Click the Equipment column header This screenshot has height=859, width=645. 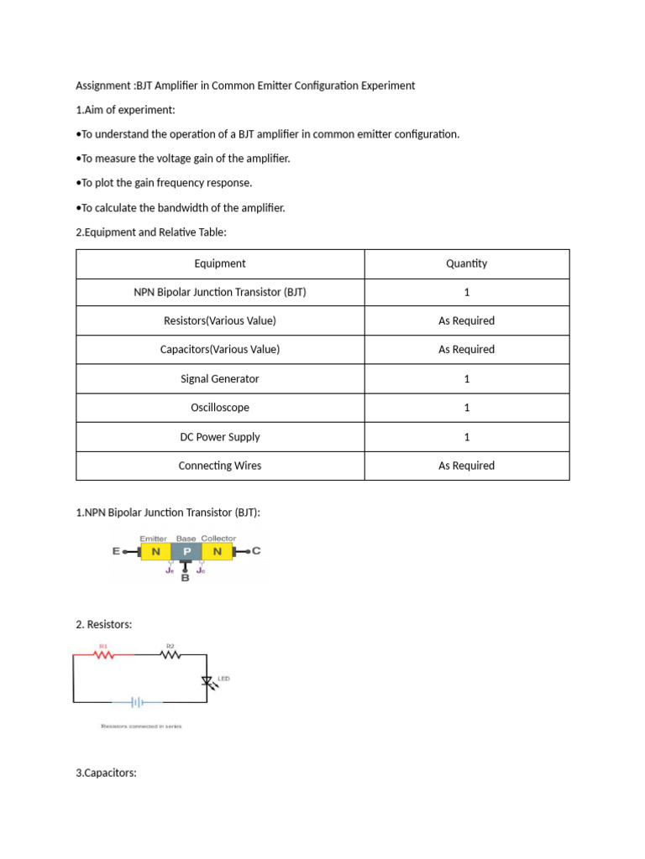(x=220, y=263)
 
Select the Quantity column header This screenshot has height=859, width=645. (x=466, y=263)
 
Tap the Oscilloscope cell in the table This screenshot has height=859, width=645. (x=220, y=408)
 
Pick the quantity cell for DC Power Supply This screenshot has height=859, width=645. (x=466, y=437)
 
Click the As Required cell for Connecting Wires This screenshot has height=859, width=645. (x=466, y=466)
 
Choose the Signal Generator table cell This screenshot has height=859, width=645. (x=220, y=379)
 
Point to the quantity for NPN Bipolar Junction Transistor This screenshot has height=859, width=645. (x=466, y=292)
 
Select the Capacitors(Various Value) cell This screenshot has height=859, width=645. (x=220, y=350)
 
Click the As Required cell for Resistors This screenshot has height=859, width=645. (x=466, y=320)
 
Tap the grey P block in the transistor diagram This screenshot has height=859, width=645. (x=186, y=551)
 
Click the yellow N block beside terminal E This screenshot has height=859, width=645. (x=155, y=551)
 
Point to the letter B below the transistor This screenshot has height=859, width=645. (x=185, y=578)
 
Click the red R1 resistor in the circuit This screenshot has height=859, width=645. (x=105, y=655)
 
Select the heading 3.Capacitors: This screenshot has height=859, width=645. (x=106, y=773)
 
